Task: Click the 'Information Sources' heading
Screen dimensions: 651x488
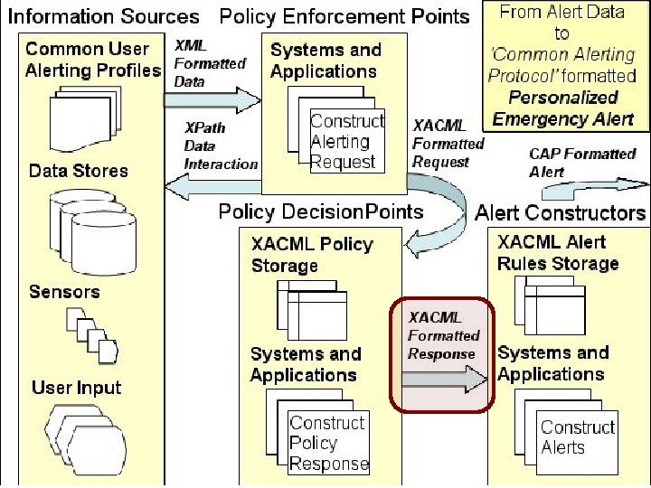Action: tap(103, 16)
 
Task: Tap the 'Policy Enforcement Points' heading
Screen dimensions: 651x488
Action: tap(344, 16)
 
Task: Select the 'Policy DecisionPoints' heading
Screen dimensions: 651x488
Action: tap(321, 211)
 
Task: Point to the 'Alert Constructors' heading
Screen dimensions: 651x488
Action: tap(560, 213)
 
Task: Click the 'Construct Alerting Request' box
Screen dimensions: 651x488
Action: tap(347, 141)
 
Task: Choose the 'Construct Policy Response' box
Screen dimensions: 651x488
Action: tap(328, 443)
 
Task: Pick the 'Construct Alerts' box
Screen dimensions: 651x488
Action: tap(577, 442)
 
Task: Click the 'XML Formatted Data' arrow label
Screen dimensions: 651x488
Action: tap(210, 63)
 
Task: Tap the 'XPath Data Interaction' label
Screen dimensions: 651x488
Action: tap(221, 145)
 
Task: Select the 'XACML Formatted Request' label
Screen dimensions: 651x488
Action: tap(448, 144)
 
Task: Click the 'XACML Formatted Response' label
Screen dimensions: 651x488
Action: tap(443, 335)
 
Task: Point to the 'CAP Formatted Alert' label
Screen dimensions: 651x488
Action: tap(582, 163)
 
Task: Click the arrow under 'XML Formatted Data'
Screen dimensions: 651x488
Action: tap(212, 100)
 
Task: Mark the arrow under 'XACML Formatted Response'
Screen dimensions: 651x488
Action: tap(444, 379)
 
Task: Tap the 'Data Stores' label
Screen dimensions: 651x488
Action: tap(79, 171)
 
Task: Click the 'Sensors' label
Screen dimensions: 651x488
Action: tap(64, 292)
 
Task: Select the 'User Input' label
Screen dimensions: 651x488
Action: tap(76, 388)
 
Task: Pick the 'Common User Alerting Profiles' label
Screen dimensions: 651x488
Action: tap(93, 60)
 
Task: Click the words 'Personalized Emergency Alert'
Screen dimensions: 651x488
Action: tap(563, 108)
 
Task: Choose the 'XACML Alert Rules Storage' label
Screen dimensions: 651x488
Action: tap(558, 252)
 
